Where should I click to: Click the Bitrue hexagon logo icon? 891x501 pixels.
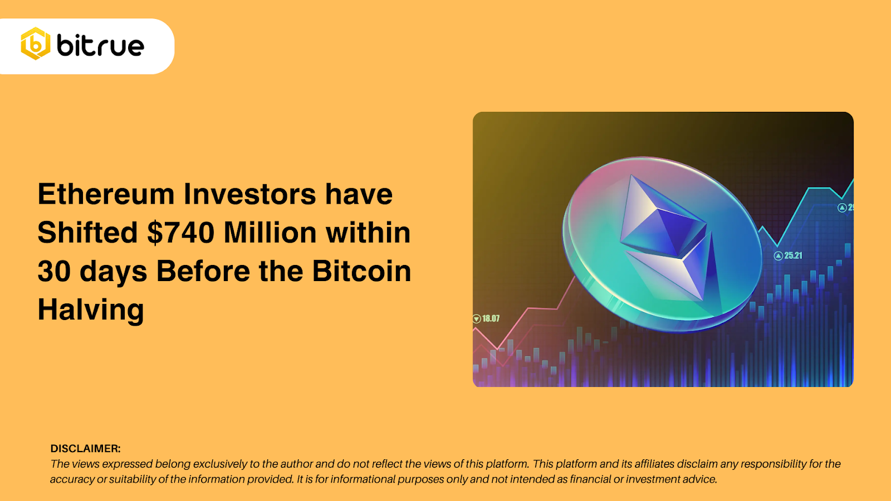click(36, 43)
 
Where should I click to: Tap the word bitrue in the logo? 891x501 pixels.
click(101, 45)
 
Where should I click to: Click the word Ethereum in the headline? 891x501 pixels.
click(106, 194)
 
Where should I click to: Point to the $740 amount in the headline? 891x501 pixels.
click(181, 233)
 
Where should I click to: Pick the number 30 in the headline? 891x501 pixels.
click(53, 271)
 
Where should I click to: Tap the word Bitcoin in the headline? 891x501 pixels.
click(361, 271)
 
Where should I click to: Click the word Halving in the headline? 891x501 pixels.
click(91, 310)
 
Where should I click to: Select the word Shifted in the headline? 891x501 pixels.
click(87, 233)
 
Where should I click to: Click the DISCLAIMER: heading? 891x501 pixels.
click(85, 449)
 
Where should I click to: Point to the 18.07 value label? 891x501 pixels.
click(491, 319)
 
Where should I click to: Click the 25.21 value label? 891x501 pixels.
click(794, 256)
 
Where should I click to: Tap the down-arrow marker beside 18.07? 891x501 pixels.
click(477, 319)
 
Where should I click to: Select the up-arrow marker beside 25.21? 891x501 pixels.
click(779, 256)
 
